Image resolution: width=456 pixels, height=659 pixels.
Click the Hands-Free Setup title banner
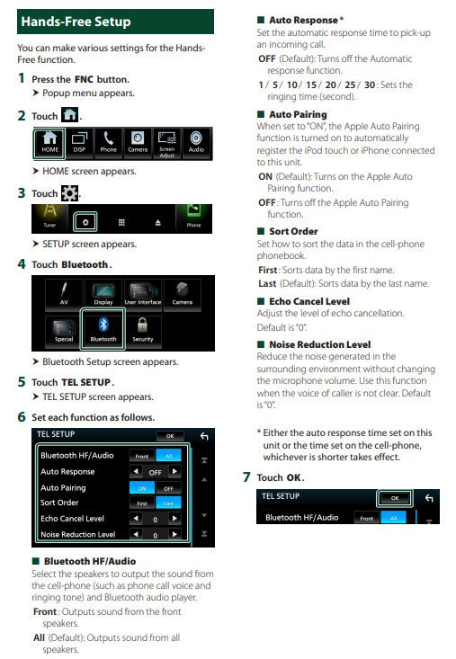point(115,22)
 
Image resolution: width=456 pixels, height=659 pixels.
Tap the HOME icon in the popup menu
point(49,144)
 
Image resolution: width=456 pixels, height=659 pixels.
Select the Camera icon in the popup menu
point(138,144)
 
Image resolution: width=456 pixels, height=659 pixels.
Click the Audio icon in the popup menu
point(196,144)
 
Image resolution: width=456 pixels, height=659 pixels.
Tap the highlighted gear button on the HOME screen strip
point(85,222)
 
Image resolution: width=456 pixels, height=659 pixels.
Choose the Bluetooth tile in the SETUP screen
point(103,330)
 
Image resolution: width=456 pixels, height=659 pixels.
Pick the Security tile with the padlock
point(143,330)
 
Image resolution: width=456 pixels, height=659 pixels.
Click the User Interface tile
point(143,293)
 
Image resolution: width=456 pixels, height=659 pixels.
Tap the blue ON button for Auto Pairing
point(142,488)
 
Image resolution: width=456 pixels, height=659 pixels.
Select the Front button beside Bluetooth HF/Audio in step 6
point(142,456)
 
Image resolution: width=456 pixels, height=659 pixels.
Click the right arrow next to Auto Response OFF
point(174,472)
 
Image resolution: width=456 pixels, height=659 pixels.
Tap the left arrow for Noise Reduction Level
point(136,534)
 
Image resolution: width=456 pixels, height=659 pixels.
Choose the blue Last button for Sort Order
point(168,503)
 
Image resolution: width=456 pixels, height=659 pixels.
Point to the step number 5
point(22,381)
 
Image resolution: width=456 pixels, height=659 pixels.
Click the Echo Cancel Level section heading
point(309,301)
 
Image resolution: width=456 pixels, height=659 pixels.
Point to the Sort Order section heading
point(293,231)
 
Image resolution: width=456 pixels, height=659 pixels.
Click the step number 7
point(246,477)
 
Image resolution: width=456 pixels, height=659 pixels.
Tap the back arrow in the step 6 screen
point(204,436)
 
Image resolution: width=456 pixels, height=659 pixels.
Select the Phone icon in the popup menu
point(109,144)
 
